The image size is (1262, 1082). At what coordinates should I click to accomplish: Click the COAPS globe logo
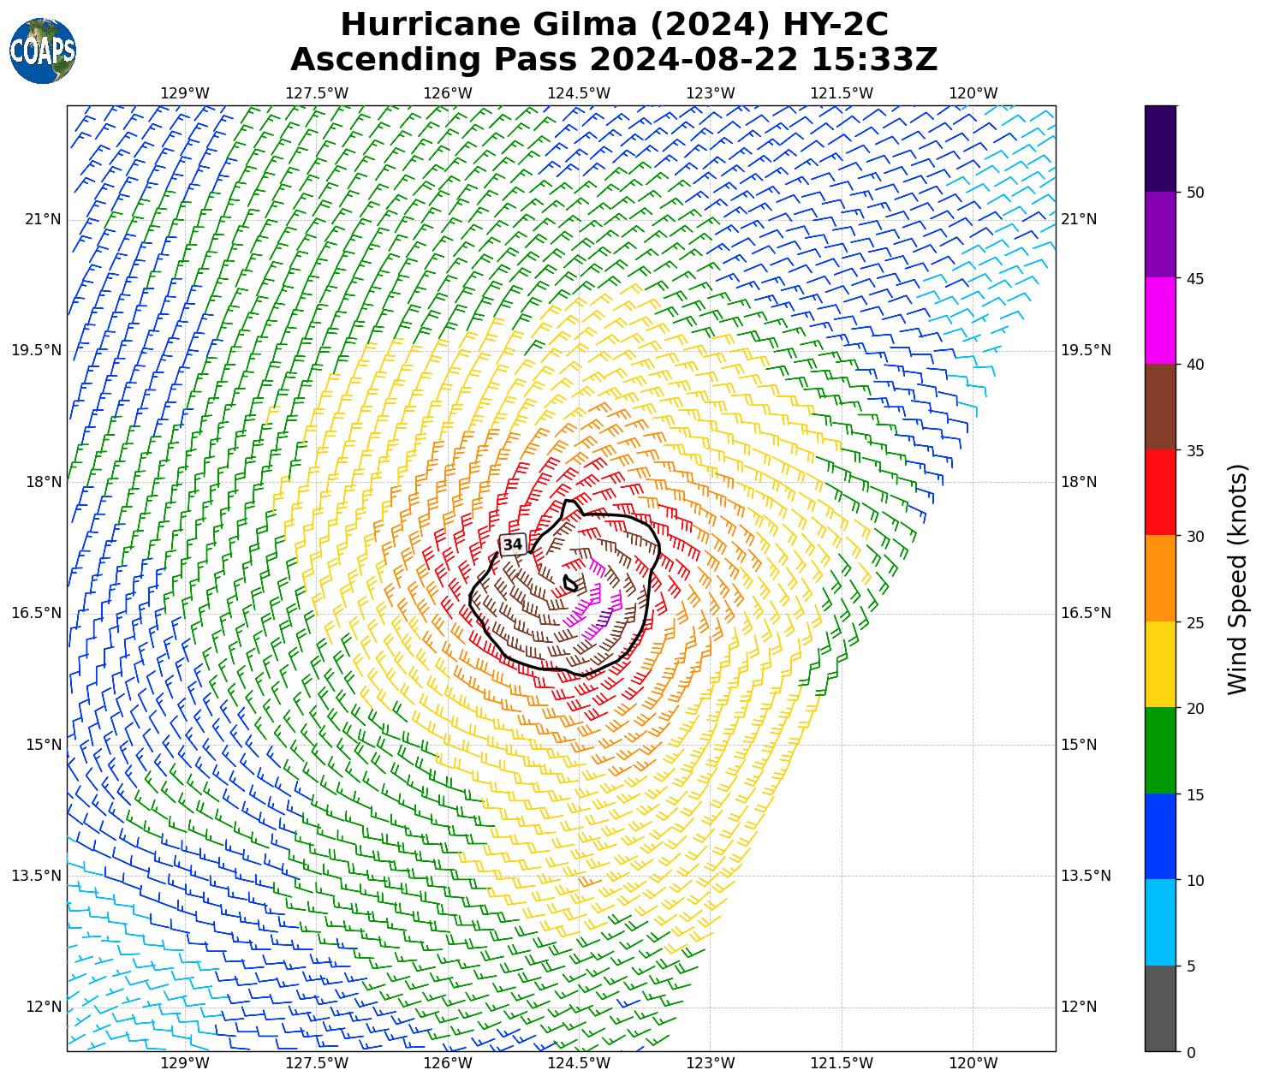pyautogui.click(x=43, y=51)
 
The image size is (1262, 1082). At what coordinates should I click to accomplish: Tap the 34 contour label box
pyautogui.click(x=513, y=544)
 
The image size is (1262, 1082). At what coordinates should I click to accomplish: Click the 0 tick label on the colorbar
pyautogui.click(x=1191, y=1052)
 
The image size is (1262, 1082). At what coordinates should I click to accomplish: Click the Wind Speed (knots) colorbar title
pyautogui.click(x=1237, y=579)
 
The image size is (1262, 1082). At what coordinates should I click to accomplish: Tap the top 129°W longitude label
pyautogui.click(x=185, y=93)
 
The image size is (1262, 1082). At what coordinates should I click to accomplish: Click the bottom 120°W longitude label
pyautogui.click(x=973, y=1064)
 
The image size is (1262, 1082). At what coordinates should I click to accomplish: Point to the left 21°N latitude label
pyautogui.click(x=43, y=220)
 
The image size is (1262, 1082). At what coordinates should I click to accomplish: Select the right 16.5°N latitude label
pyautogui.click(x=1086, y=613)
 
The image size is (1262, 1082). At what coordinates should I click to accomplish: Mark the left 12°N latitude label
pyautogui.click(x=43, y=1007)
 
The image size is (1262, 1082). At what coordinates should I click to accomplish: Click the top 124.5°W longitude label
pyautogui.click(x=579, y=93)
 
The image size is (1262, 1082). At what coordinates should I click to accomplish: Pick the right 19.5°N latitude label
pyautogui.click(x=1086, y=351)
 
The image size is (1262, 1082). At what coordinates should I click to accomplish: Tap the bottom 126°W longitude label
pyautogui.click(x=448, y=1064)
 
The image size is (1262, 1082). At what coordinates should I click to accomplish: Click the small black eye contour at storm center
pyautogui.click(x=571, y=584)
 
